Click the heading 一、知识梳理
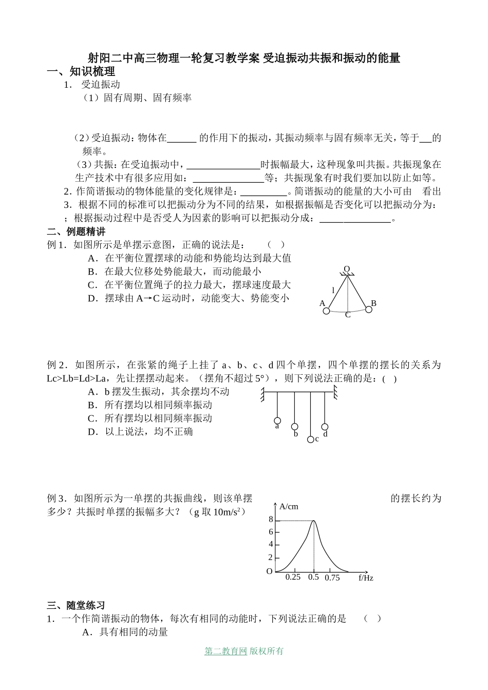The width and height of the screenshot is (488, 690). tap(81, 72)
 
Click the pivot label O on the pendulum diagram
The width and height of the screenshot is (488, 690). tap(347, 270)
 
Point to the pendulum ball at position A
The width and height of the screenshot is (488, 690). tap(326, 311)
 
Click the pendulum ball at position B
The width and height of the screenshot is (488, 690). tap(368, 309)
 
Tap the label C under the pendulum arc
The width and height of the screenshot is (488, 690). tap(348, 315)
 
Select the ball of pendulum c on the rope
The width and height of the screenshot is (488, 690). tap(310, 439)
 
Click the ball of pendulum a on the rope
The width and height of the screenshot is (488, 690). tap(277, 421)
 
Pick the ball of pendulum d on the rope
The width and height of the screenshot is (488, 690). tap(325, 427)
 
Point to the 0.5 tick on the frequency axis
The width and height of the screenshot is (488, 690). tap(313, 577)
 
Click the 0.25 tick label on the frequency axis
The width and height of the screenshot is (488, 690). tap(293, 577)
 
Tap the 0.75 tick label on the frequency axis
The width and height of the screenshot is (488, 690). tap(332, 578)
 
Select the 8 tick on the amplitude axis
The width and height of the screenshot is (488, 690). tap(271, 520)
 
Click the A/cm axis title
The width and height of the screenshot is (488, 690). tap(289, 507)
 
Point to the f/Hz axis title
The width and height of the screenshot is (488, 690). tap(366, 578)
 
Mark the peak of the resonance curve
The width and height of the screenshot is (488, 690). tap(313, 521)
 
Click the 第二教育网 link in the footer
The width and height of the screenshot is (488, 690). tap(226, 651)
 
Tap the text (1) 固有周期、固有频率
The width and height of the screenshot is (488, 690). tap(137, 98)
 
